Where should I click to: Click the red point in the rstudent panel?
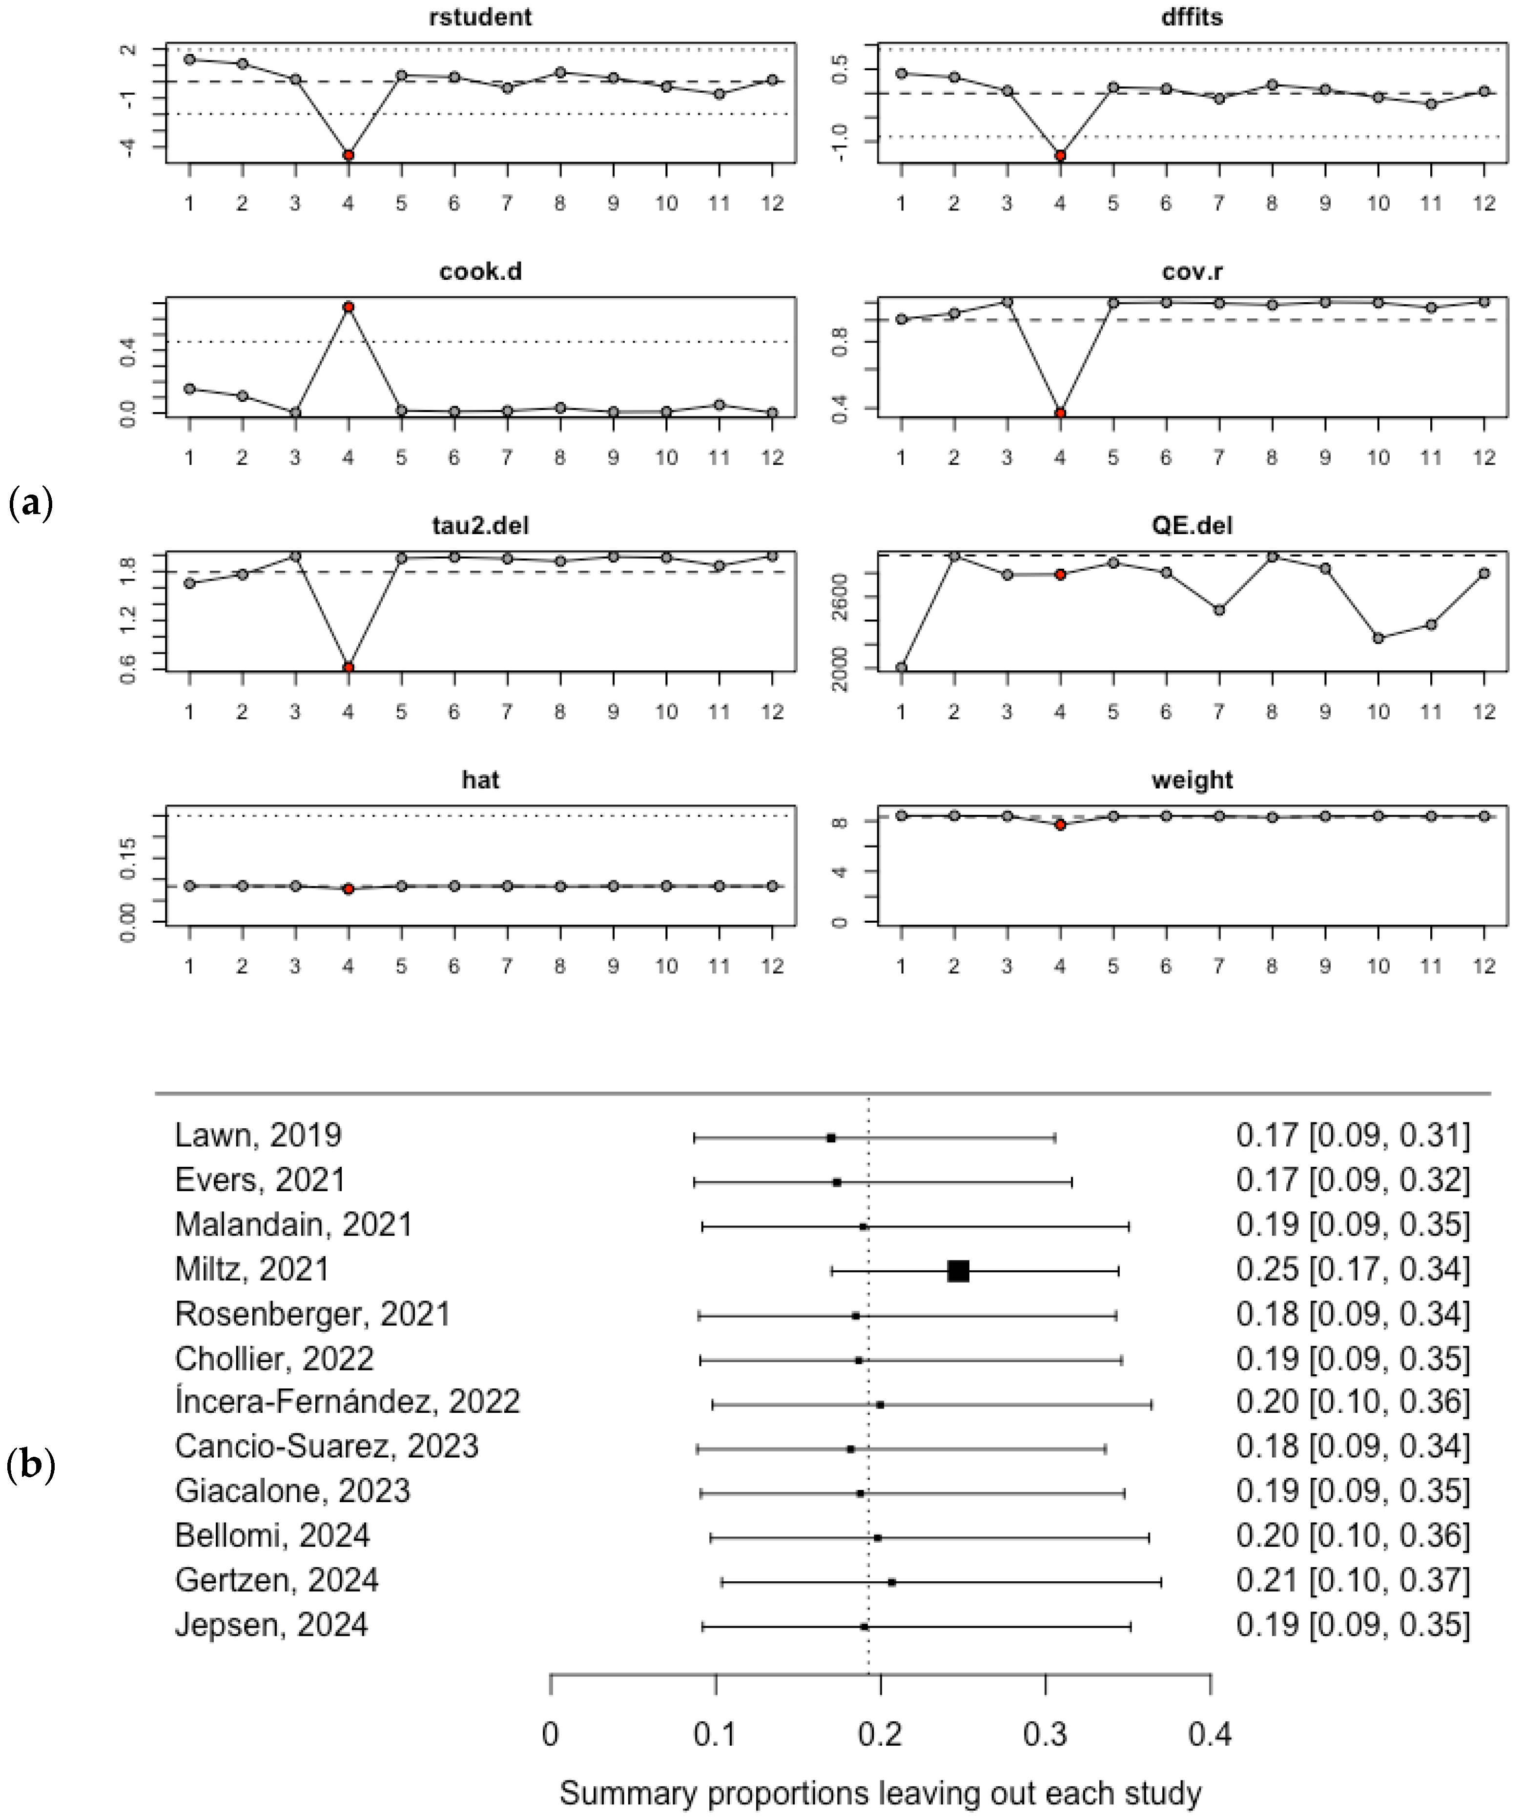tap(348, 155)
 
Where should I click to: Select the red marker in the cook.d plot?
tap(348, 307)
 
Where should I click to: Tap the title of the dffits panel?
tap(1192, 18)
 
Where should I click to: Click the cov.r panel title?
tap(1192, 272)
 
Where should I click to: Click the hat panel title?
tap(480, 780)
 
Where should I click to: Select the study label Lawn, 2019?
tap(258, 1136)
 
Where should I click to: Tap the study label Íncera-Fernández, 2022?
tap(348, 1402)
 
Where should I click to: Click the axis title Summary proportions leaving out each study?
tap(880, 1792)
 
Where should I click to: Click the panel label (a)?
tap(30, 503)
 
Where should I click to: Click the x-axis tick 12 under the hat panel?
tap(772, 966)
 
